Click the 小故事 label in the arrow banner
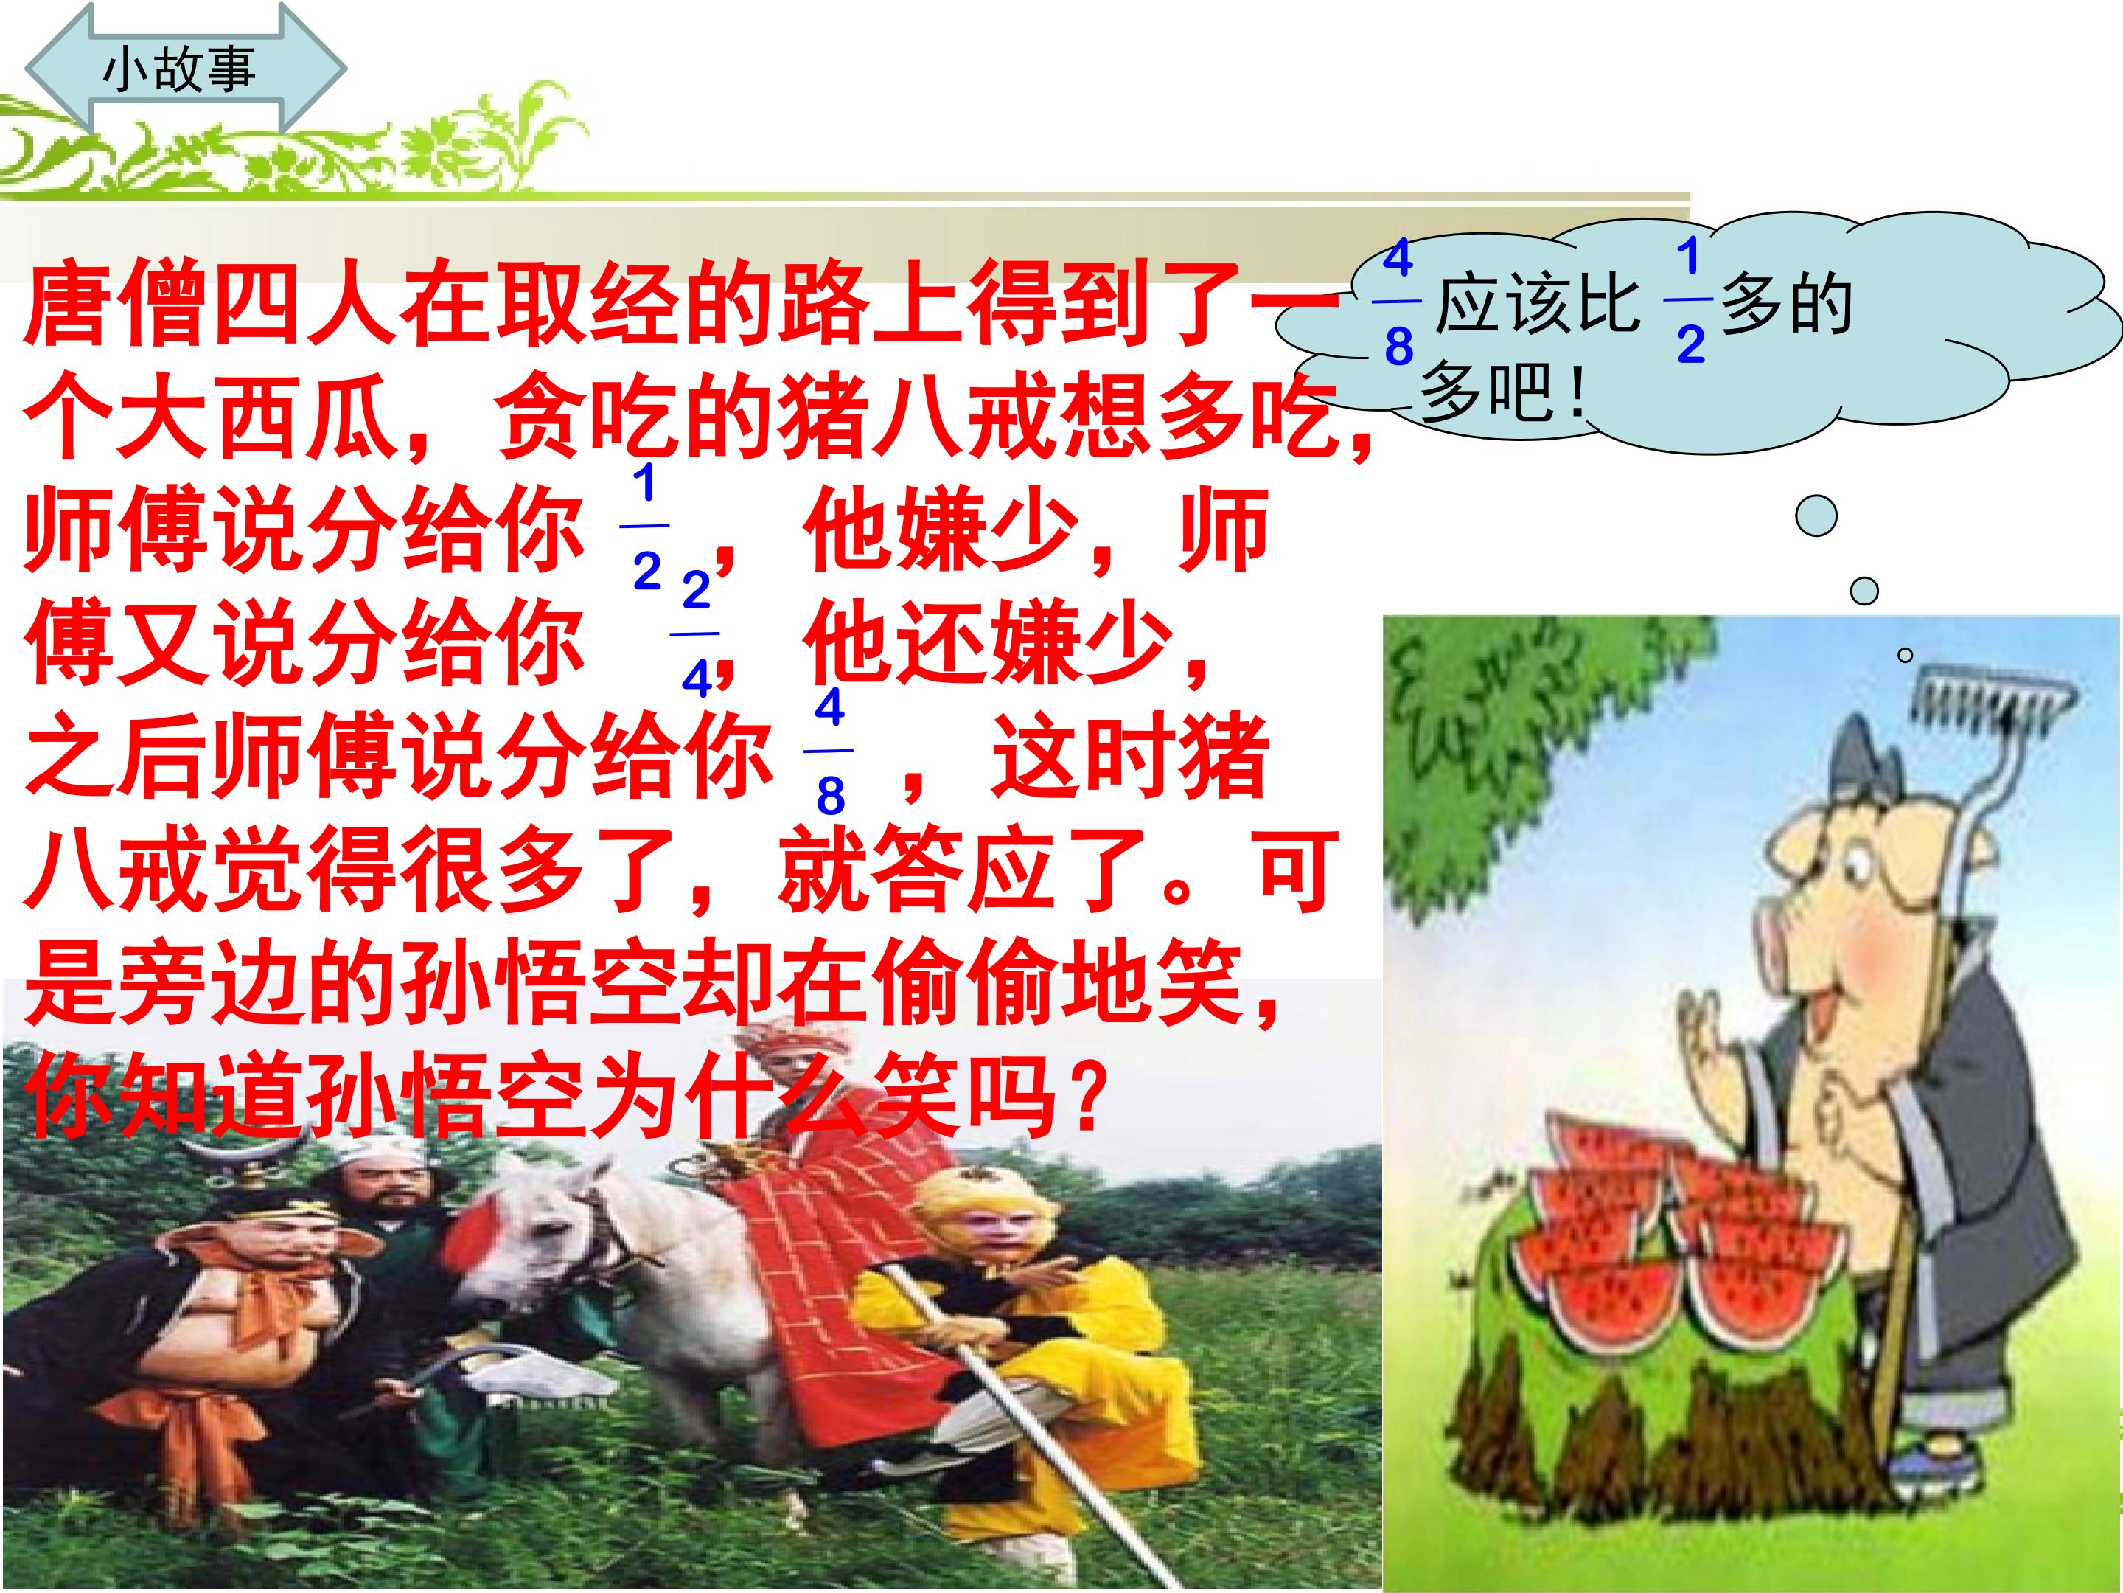coord(179,69)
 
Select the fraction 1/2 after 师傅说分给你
coord(646,526)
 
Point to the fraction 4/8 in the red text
coord(829,751)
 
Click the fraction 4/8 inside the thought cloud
coord(1398,302)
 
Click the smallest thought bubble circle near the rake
coord(1906,656)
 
